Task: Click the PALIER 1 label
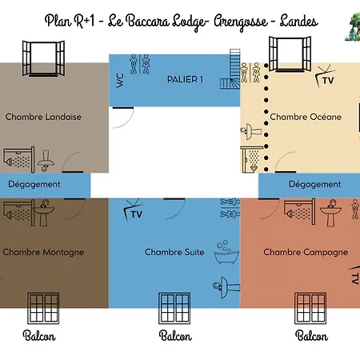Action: (x=185, y=79)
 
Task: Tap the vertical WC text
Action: (x=120, y=80)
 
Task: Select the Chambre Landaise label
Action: (x=43, y=117)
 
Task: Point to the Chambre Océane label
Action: (x=306, y=117)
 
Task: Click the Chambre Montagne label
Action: (x=43, y=252)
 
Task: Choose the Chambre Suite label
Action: (x=174, y=252)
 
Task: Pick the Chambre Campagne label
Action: (x=306, y=252)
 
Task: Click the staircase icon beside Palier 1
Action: (x=230, y=69)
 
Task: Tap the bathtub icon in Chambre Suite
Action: (x=226, y=252)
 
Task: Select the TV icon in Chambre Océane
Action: (x=326, y=77)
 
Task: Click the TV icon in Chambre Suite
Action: (x=134, y=210)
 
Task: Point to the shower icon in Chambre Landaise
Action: (x=19, y=159)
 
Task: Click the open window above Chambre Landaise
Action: (x=43, y=58)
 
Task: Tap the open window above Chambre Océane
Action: (x=290, y=54)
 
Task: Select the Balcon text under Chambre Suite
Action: (x=175, y=336)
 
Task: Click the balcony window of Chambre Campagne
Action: (x=310, y=308)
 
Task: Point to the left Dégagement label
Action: (x=34, y=184)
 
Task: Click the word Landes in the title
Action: (x=298, y=22)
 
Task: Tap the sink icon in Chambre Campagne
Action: (x=330, y=213)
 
